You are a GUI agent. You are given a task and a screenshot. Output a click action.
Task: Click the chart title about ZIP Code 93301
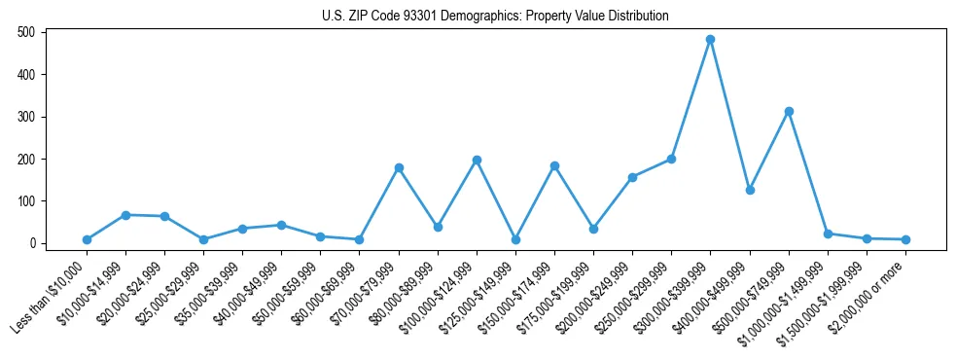[495, 17]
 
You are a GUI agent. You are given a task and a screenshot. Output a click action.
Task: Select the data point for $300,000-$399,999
[710, 40]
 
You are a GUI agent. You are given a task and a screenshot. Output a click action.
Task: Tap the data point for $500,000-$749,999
[789, 111]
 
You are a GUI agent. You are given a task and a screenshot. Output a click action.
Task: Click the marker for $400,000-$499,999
[750, 190]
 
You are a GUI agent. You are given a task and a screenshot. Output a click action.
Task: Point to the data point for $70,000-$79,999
[399, 167]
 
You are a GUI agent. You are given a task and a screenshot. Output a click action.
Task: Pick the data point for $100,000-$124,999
[477, 160]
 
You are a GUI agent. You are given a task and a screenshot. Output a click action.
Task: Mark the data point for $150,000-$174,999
[554, 166]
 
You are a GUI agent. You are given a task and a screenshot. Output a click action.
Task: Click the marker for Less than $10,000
[87, 239]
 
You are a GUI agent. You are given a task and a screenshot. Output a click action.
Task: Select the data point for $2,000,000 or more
[905, 239]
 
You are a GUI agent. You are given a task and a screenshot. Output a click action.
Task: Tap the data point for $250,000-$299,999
[671, 159]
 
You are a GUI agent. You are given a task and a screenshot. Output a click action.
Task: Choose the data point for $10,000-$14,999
[125, 215]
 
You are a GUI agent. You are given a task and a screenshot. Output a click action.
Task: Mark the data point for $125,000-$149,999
[515, 239]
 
